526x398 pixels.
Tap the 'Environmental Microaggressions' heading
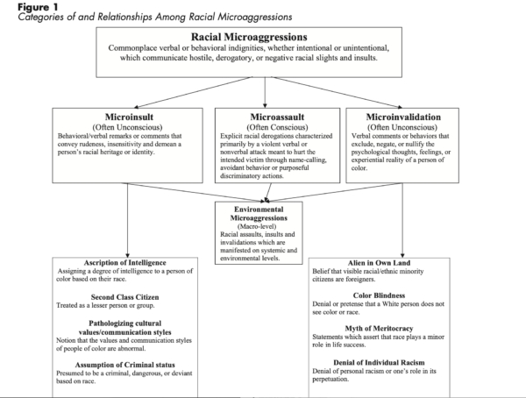click(x=258, y=215)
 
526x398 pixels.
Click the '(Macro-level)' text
click(x=258, y=229)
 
